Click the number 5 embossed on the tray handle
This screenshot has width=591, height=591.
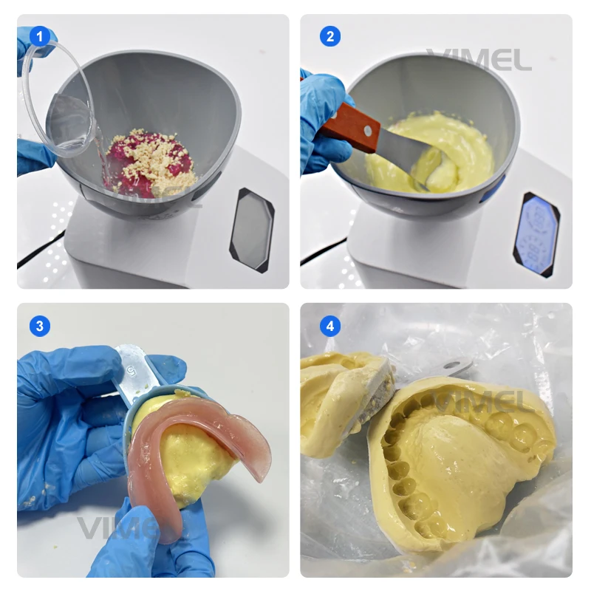[130, 364]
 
